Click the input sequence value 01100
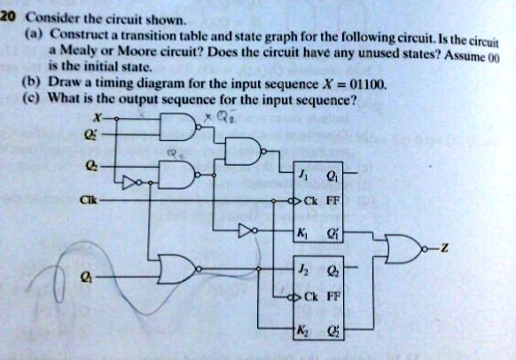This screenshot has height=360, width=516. click(367, 85)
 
